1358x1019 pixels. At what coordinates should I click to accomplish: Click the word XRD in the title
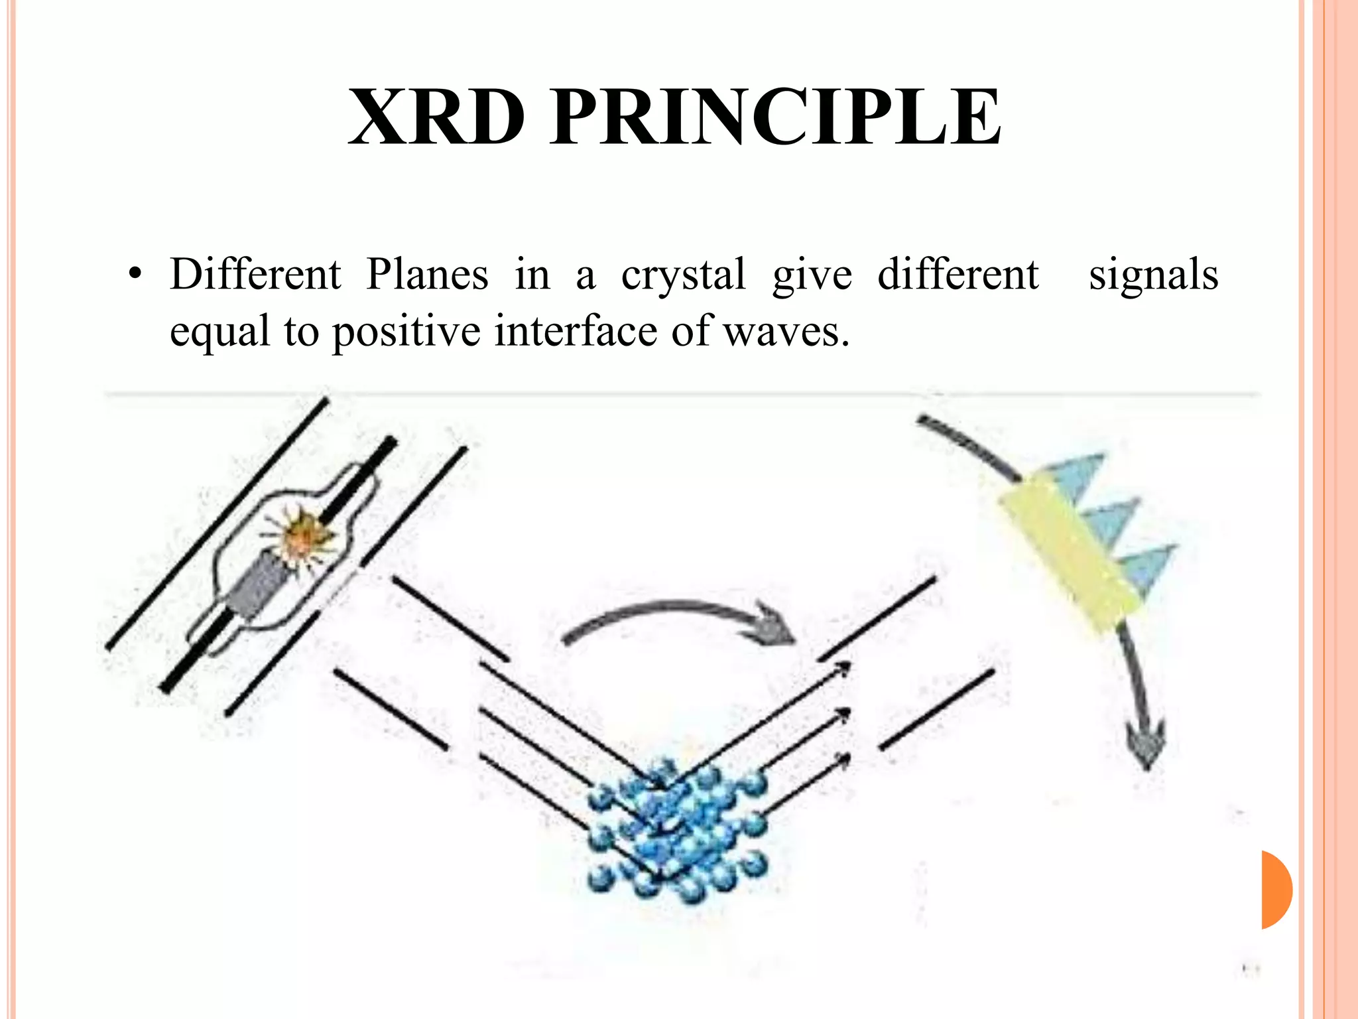(x=436, y=118)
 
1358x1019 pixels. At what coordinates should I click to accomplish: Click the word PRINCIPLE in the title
(x=775, y=118)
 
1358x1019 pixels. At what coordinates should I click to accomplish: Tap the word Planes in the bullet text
(x=427, y=274)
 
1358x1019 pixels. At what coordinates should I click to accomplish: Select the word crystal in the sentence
(x=683, y=275)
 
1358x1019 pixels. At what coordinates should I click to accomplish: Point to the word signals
(x=1153, y=275)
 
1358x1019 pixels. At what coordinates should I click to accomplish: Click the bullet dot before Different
(x=135, y=276)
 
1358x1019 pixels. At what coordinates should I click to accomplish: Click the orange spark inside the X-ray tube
(x=302, y=535)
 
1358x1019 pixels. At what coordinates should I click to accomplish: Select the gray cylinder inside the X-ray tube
(x=259, y=584)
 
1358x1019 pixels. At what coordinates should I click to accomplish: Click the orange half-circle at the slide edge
(x=1276, y=889)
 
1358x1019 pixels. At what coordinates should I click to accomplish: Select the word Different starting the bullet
(x=255, y=274)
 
